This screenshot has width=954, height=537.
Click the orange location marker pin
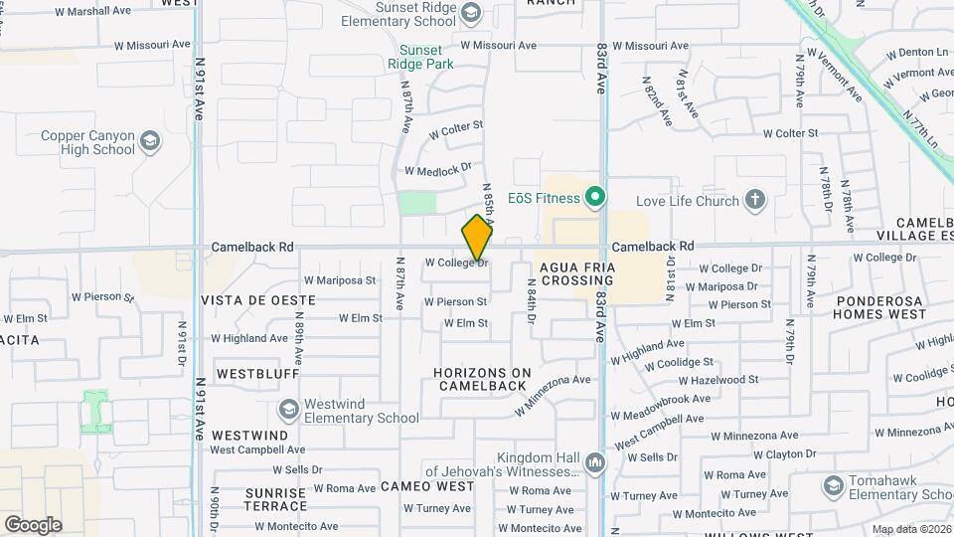point(477,238)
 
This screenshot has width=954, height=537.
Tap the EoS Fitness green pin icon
point(595,198)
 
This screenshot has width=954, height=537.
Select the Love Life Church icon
point(755,201)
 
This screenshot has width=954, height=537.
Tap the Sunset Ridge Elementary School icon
point(470,13)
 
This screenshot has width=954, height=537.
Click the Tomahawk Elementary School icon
point(833,486)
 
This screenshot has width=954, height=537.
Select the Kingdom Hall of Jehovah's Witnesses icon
point(595,462)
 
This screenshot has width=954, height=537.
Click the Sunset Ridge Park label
point(426,57)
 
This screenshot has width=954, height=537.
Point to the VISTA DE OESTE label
point(258,299)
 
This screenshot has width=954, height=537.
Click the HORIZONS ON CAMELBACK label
point(482,379)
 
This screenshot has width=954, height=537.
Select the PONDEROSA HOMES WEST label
point(880,307)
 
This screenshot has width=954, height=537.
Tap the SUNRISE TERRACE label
point(261,500)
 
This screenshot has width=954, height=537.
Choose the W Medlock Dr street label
point(436,170)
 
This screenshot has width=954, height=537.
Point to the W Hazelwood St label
point(718,380)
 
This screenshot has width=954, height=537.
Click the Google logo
point(33,525)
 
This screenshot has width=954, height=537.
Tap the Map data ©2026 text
point(911,529)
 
